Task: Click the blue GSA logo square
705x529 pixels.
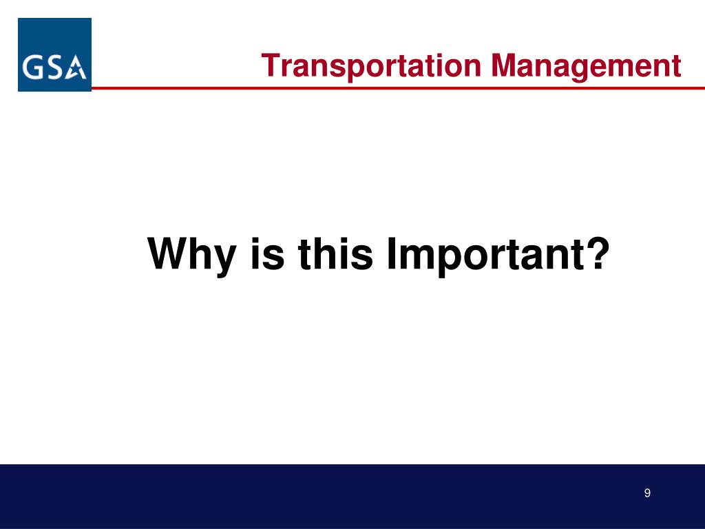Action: tap(55, 55)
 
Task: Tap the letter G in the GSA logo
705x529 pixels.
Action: tap(32, 68)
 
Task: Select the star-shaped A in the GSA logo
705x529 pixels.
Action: tap(76, 68)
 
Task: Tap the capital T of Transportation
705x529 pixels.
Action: tap(271, 65)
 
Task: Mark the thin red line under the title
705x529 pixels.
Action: tap(398, 88)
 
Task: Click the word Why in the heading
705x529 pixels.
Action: tap(192, 254)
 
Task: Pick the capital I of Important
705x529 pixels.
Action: tap(392, 253)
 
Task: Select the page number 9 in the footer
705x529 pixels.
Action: tap(647, 493)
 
